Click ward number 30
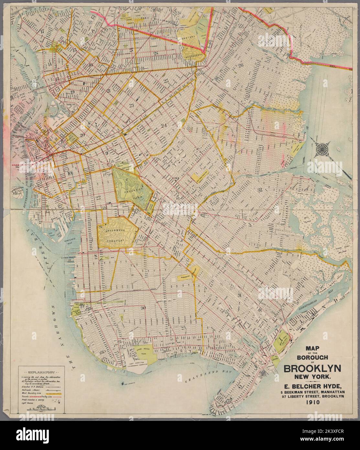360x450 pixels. [143, 308]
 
